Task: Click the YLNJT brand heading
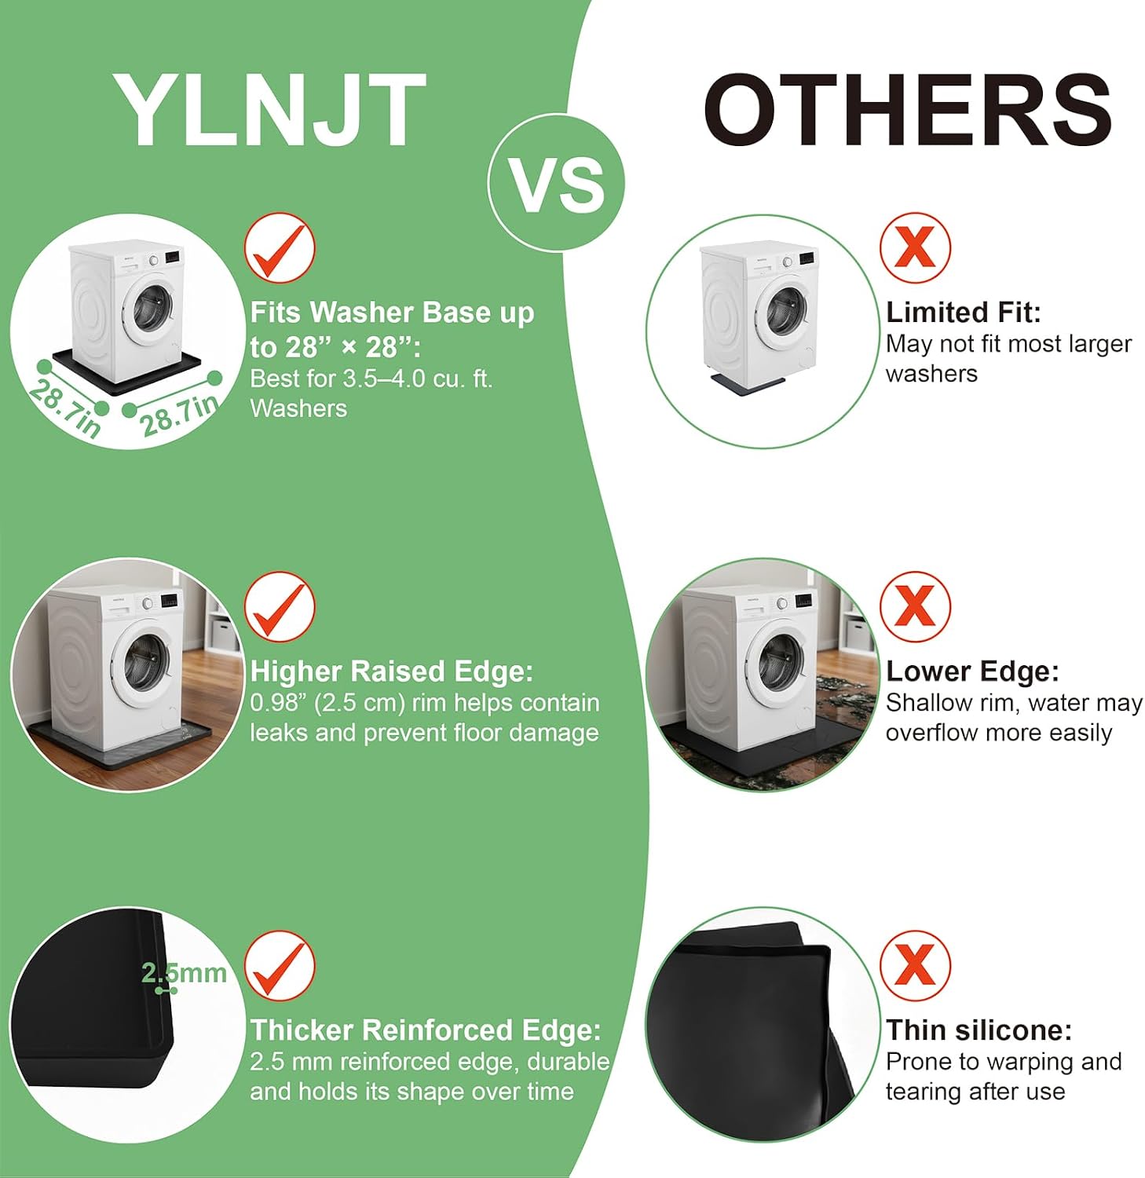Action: [269, 109]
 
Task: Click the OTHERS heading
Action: [908, 109]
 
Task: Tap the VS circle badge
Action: [556, 183]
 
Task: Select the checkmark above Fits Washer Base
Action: [280, 248]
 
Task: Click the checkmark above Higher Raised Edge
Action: [280, 607]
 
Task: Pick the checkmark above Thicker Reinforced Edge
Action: [280, 966]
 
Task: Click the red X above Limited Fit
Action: [915, 248]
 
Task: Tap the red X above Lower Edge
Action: [915, 607]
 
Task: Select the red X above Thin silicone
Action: [915, 966]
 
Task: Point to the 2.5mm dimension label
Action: [184, 973]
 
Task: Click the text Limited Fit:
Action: [964, 313]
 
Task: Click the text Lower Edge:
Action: [972, 671]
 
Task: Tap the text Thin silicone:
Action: [979, 1030]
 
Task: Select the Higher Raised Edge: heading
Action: [392, 671]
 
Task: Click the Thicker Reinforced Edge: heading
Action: [426, 1030]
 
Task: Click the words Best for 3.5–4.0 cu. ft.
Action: [371, 379]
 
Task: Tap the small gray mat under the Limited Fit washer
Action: [748, 383]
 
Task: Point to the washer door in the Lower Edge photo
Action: [779, 656]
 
